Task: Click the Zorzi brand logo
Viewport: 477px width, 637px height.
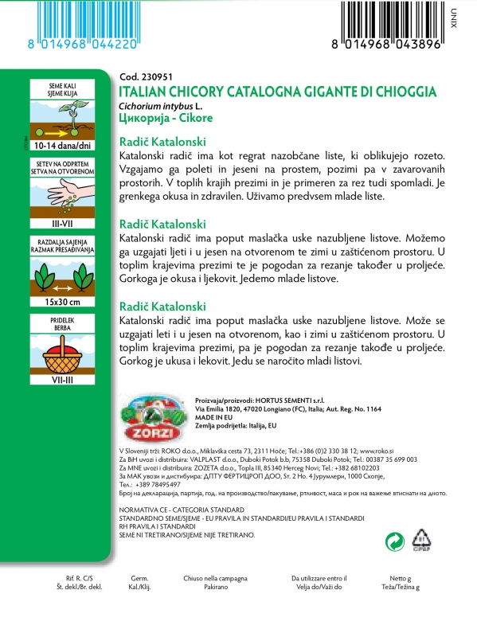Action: [152, 416]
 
